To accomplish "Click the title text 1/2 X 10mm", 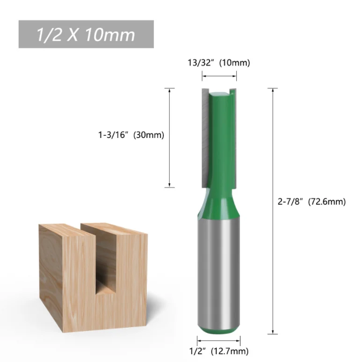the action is tap(86, 35).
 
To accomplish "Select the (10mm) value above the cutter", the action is tap(235, 63).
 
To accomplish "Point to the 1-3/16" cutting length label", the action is tap(113, 135).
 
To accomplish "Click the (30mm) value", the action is tap(149, 135).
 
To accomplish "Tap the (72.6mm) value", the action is tap(327, 202).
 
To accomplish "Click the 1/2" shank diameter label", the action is tap(197, 351).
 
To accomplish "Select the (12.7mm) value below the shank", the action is tap(230, 351).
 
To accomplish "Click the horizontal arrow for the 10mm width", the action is tap(219, 76).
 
